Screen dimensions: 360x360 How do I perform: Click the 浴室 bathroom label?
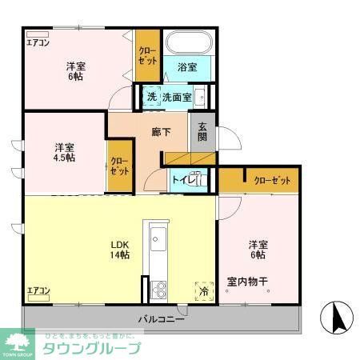coord(188,69)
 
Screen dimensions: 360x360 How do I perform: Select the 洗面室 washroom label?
coord(177,98)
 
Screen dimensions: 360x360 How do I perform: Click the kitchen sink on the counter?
coord(155,238)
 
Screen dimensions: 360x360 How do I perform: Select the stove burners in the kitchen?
coord(156,288)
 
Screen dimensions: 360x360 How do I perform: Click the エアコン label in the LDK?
coord(38,290)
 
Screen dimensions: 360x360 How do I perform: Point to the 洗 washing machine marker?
coord(150,98)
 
